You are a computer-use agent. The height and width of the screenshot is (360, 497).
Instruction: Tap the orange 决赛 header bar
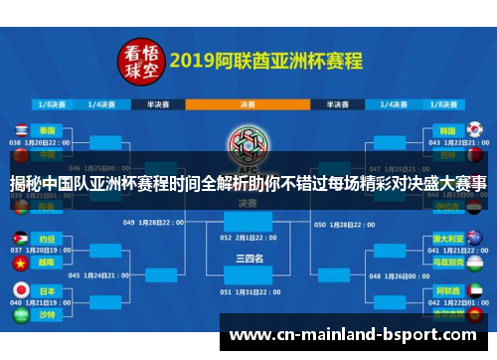tap(248, 102)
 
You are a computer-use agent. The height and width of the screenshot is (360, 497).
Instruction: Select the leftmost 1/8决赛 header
tap(53, 102)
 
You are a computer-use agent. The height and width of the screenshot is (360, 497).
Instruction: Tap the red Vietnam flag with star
tap(21, 265)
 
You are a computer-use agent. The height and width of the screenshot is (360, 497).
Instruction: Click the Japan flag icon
tap(21, 289)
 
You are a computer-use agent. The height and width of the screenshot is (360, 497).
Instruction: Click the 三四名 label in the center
tap(248, 258)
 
